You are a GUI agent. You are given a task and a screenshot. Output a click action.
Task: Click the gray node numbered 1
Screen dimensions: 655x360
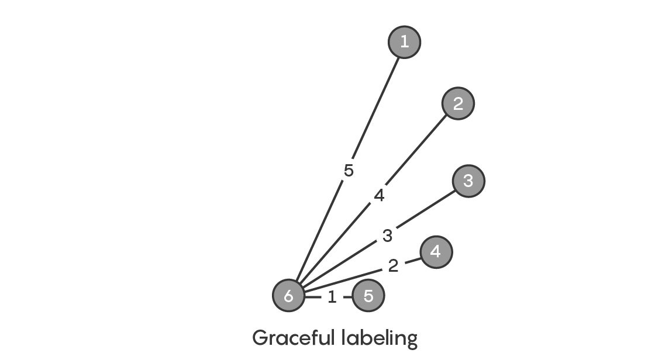(404, 42)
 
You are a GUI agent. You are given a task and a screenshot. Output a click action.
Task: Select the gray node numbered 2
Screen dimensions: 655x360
(458, 103)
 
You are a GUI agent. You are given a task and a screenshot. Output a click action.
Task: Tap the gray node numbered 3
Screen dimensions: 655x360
(468, 181)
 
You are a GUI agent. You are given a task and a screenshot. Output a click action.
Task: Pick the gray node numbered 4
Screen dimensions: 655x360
(436, 252)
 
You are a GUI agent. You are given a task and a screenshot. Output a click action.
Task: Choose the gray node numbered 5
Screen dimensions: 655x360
(368, 296)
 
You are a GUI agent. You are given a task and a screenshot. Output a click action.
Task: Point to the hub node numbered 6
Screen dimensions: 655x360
(289, 296)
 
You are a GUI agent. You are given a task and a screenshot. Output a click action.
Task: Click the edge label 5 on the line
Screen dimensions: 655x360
(349, 171)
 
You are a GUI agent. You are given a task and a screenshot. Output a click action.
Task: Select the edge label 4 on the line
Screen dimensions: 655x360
(379, 195)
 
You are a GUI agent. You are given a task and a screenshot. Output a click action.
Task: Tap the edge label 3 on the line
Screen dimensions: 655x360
(388, 236)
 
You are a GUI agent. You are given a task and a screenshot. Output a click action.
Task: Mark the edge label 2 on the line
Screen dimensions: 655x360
(393, 266)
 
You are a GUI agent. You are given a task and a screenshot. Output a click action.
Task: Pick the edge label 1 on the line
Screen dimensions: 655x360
(332, 297)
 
